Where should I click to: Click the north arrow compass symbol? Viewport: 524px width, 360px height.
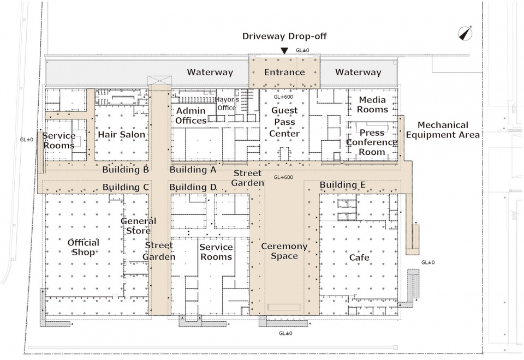point(465,33)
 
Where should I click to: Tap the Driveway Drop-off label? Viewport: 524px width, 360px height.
point(284,36)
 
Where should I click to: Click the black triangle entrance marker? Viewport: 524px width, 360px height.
point(284,50)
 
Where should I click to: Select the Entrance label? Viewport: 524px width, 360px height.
point(284,72)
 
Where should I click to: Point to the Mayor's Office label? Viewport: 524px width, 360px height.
point(227,104)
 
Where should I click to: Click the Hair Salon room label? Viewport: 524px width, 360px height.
point(122,135)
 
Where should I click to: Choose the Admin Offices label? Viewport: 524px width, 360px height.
point(191,116)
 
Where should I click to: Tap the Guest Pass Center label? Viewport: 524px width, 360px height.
point(284,122)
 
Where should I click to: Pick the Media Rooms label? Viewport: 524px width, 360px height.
point(372,105)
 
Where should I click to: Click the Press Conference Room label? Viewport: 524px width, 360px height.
point(372,142)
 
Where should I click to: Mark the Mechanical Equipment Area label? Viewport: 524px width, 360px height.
point(443,130)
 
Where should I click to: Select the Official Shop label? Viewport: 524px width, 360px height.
point(83,247)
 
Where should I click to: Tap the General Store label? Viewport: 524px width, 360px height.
point(138,226)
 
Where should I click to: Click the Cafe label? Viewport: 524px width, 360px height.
point(359,257)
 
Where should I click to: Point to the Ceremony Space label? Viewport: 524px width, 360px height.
point(284,251)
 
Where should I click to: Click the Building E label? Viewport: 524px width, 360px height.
point(343,185)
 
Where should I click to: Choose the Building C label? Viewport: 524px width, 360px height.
point(126,187)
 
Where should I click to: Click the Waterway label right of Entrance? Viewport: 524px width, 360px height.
point(358,72)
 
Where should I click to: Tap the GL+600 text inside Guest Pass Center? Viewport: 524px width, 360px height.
point(283,97)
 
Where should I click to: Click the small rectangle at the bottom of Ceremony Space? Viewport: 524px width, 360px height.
point(284,307)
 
